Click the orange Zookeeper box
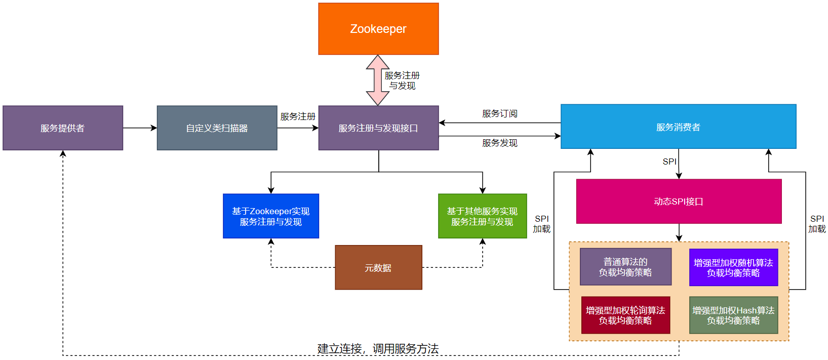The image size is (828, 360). tap(378, 29)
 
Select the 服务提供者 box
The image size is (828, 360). tap(63, 128)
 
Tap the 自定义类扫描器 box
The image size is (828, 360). tap(217, 128)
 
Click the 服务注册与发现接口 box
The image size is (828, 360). tap(378, 128)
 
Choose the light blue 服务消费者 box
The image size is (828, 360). tap(678, 127)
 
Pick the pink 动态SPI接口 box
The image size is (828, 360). tap(679, 202)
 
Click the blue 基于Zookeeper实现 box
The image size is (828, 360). tap(271, 216)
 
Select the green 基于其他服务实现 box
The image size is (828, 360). tap(482, 216)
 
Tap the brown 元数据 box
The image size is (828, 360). tap(378, 268)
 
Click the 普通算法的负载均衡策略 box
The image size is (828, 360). tap(625, 267)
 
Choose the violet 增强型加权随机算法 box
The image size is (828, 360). tap(733, 267)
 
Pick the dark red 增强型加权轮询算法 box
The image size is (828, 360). tap(625, 315)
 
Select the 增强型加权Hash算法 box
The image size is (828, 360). tap(733, 315)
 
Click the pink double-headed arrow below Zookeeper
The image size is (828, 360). tap(377, 80)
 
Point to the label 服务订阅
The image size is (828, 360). tap(499, 113)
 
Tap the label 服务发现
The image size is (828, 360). tap(499, 143)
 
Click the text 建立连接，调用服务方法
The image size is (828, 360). tap(378, 348)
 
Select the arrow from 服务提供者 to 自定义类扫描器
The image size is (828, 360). tap(140, 128)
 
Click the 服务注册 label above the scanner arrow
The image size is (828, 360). tap(298, 116)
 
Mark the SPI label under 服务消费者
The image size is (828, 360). tap(669, 162)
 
